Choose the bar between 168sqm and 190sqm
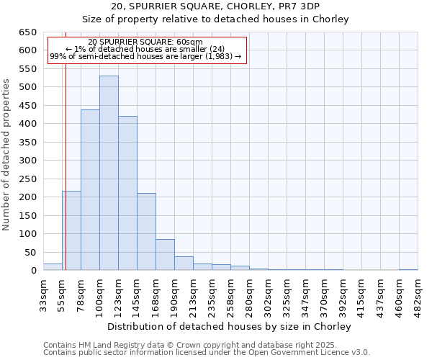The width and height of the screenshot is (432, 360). tap(165, 255)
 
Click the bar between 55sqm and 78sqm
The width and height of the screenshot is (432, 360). tap(71, 230)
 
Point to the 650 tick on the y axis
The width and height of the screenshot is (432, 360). tap(27, 32)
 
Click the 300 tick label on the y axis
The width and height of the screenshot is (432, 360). tap(27, 161)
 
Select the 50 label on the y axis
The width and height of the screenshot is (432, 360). tap(30, 252)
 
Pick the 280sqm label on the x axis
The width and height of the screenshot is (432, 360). tap(249, 297)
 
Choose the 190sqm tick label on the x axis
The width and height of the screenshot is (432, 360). tap(174, 297)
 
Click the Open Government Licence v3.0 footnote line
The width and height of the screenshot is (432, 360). tap(207, 352)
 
